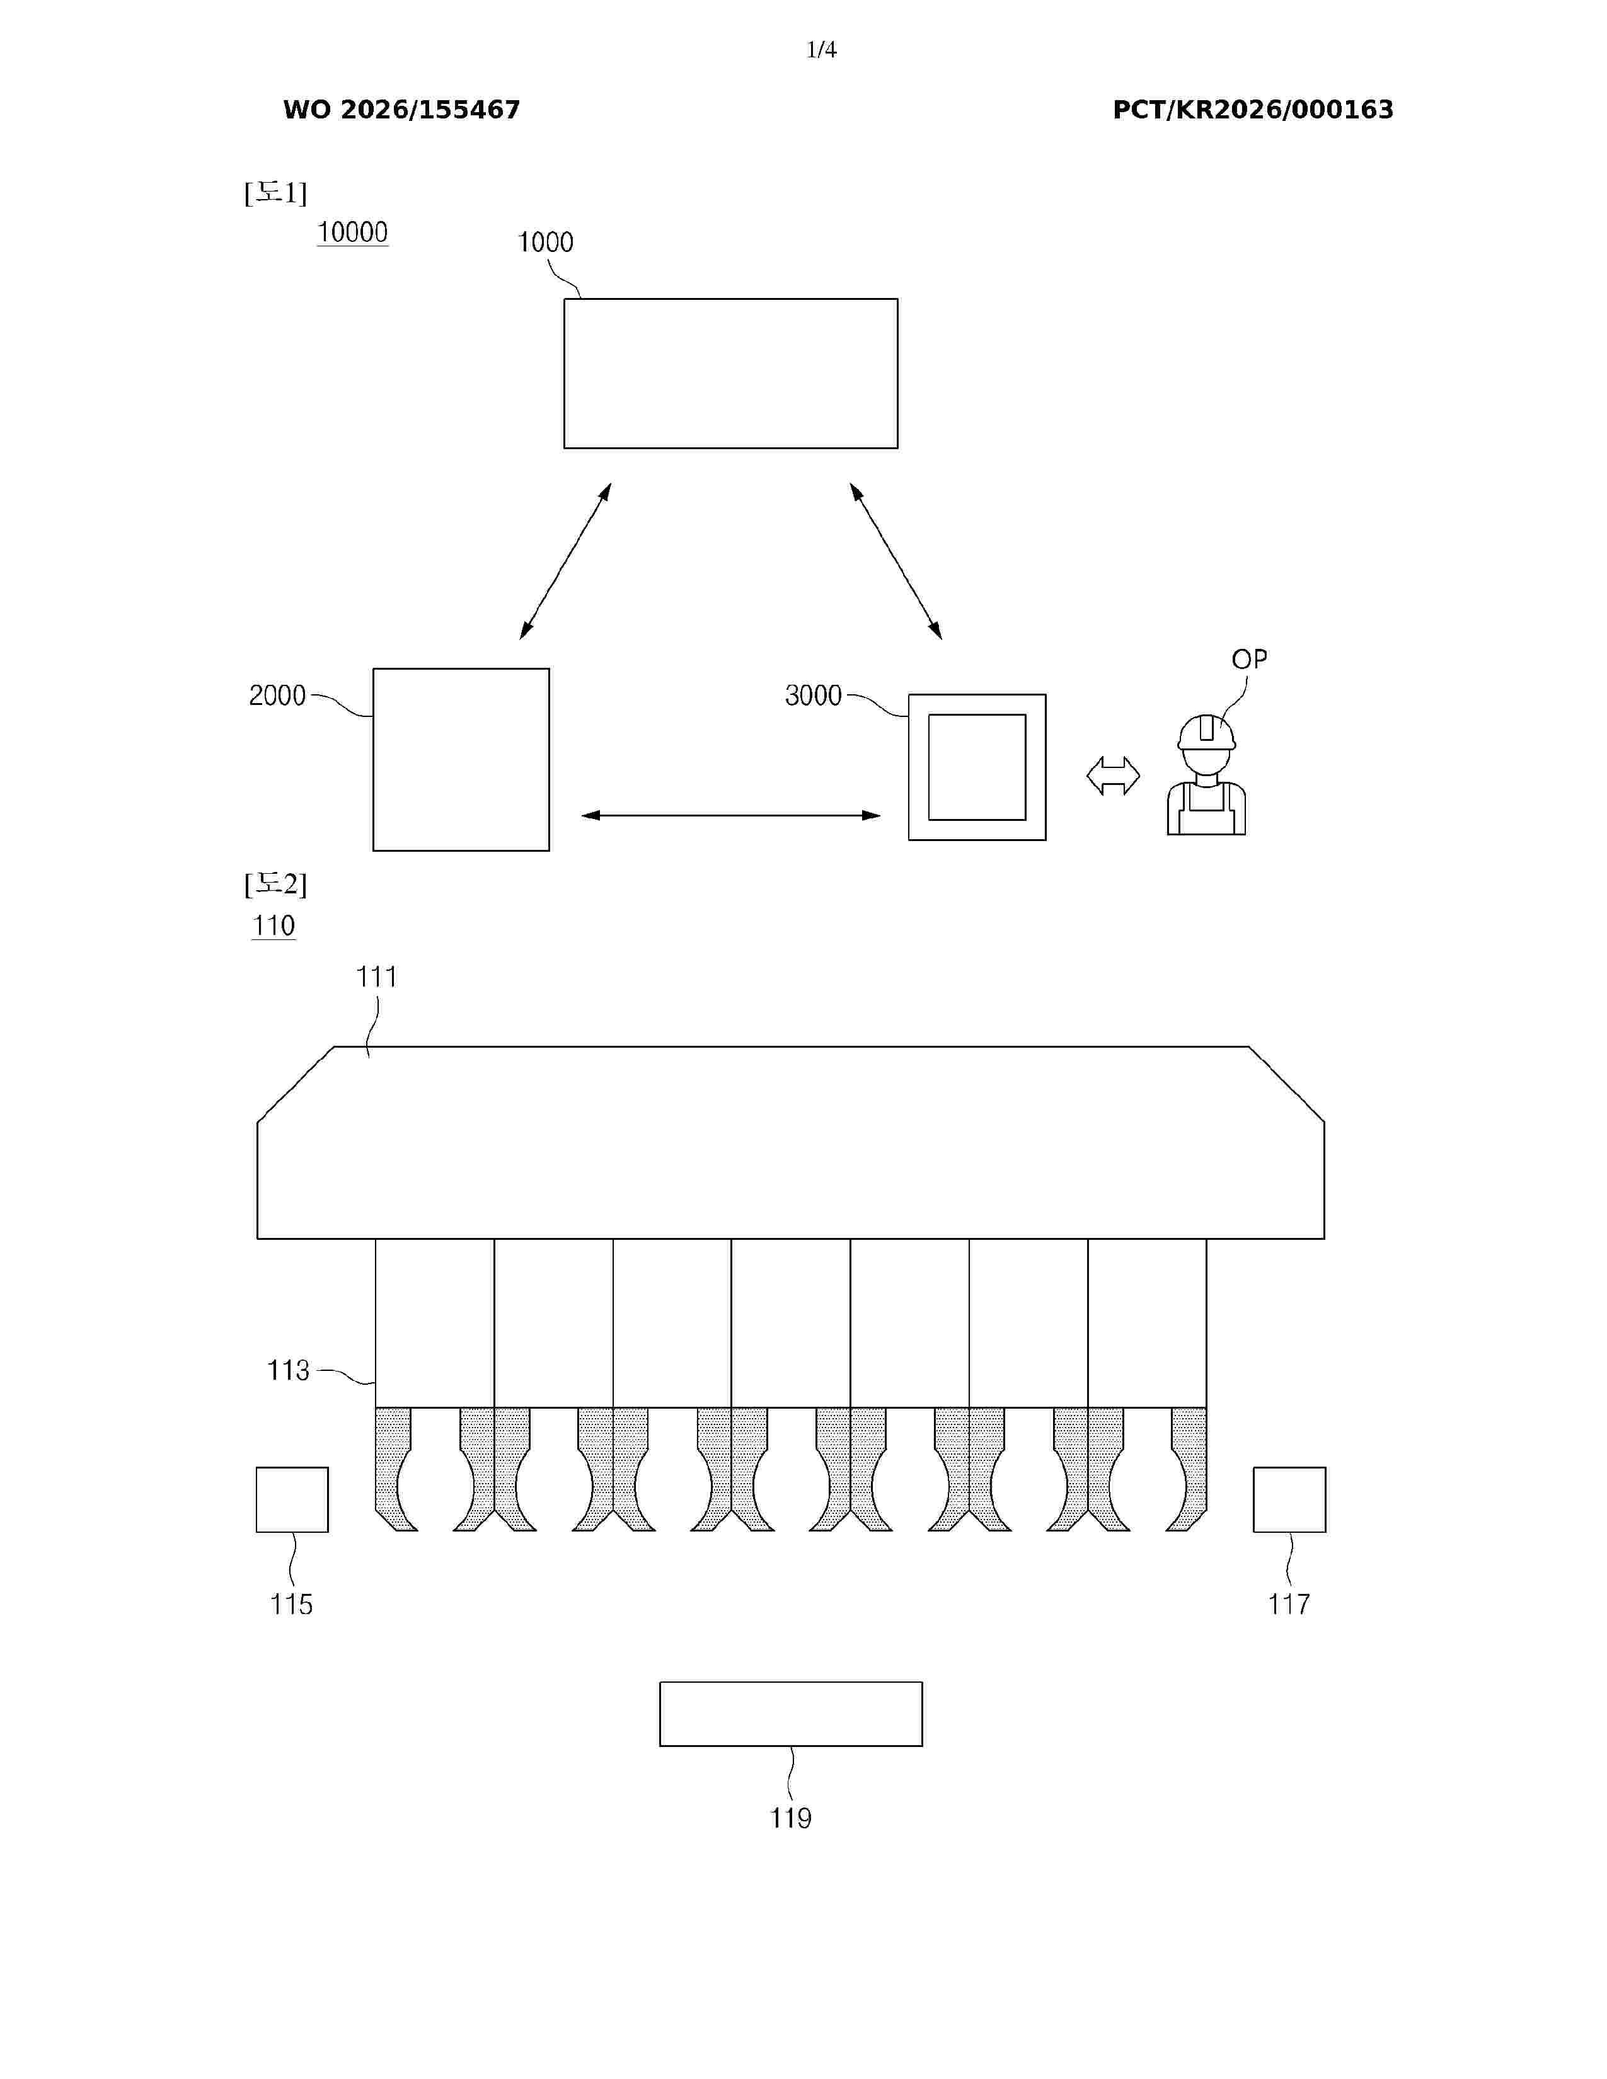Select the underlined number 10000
coord(352,232)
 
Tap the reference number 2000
coord(277,696)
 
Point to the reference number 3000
coord(813,696)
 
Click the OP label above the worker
coord(1249,659)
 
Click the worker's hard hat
coord(1206,733)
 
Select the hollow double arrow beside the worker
coord(1113,776)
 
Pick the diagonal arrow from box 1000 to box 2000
coord(565,561)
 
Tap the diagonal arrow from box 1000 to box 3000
coord(896,561)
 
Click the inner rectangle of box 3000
coord(977,767)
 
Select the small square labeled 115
coord(292,1499)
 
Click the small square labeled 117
coord(1289,1499)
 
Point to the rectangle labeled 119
coord(791,1714)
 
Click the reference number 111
coord(376,976)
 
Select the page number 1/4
coord(822,50)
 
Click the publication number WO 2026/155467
coord(402,110)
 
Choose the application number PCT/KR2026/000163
coord(1253,110)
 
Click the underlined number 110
coord(274,925)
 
